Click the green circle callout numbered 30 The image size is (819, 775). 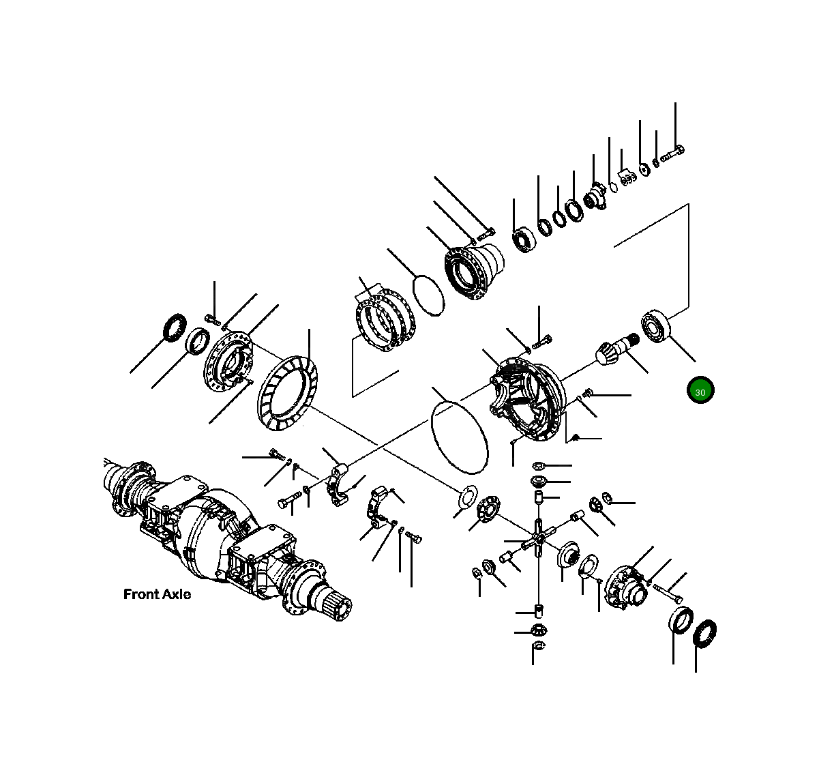(x=700, y=391)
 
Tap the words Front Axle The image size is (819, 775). (x=157, y=594)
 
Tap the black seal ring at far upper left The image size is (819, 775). (x=175, y=327)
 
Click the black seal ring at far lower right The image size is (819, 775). (x=704, y=634)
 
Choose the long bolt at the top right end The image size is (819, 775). (x=672, y=153)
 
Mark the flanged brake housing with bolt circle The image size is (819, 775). (x=474, y=271)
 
